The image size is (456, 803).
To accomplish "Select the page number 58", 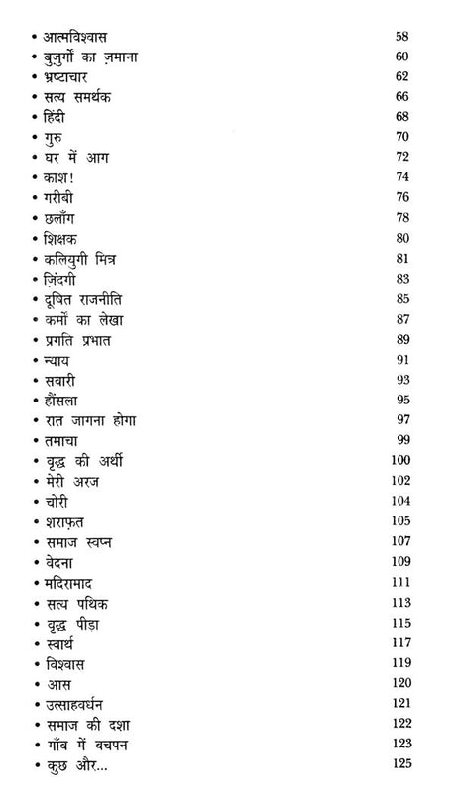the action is (x=400, y=37).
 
